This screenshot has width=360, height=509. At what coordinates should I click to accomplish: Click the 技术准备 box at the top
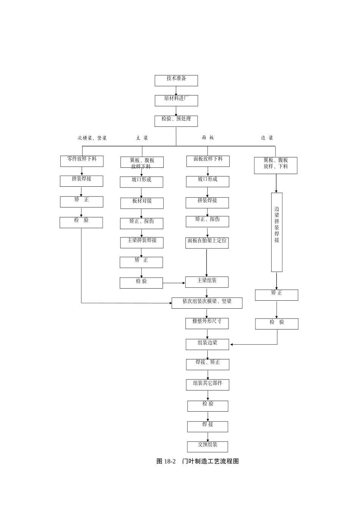(x=176, y=80)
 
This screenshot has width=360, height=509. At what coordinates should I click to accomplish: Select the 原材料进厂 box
(x=176, y=100)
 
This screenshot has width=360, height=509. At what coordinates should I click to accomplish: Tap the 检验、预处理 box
(x=176, y=121)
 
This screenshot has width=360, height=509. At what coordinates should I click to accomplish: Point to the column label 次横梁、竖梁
(x=92, y=138)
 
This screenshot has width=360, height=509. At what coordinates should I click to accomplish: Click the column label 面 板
(x=208, y=138)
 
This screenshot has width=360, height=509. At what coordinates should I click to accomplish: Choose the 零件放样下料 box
(x=82, y=161)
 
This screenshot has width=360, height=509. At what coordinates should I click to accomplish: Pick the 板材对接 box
(x=142, y=203)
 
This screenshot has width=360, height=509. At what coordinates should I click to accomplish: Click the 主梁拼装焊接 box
(x=142, y=242)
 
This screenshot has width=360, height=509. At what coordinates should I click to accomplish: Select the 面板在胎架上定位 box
(x=207, y=243)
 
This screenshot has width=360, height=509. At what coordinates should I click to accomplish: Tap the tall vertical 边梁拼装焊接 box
(x=277, y=232)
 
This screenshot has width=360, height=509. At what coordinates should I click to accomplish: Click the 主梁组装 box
(x=207, y=282)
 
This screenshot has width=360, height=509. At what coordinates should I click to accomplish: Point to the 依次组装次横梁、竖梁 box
(x=207, y=303)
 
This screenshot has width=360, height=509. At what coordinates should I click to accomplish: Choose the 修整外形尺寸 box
(x=207, y=323)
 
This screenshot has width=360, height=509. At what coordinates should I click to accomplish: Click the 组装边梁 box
(x=207, y=344)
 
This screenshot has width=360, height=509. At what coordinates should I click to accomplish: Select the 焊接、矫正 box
(x=208, y=364)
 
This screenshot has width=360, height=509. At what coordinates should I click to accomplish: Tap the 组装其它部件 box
(x=208, y=385)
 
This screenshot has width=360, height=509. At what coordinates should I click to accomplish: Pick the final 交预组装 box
(x=208, y=447)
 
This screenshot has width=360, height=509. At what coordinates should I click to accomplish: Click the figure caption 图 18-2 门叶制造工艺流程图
(x=197, y=461)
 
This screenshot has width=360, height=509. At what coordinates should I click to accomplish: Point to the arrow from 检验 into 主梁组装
(x=174, y=283)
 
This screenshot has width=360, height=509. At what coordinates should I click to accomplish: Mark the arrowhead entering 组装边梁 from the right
(x=232, y=345)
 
